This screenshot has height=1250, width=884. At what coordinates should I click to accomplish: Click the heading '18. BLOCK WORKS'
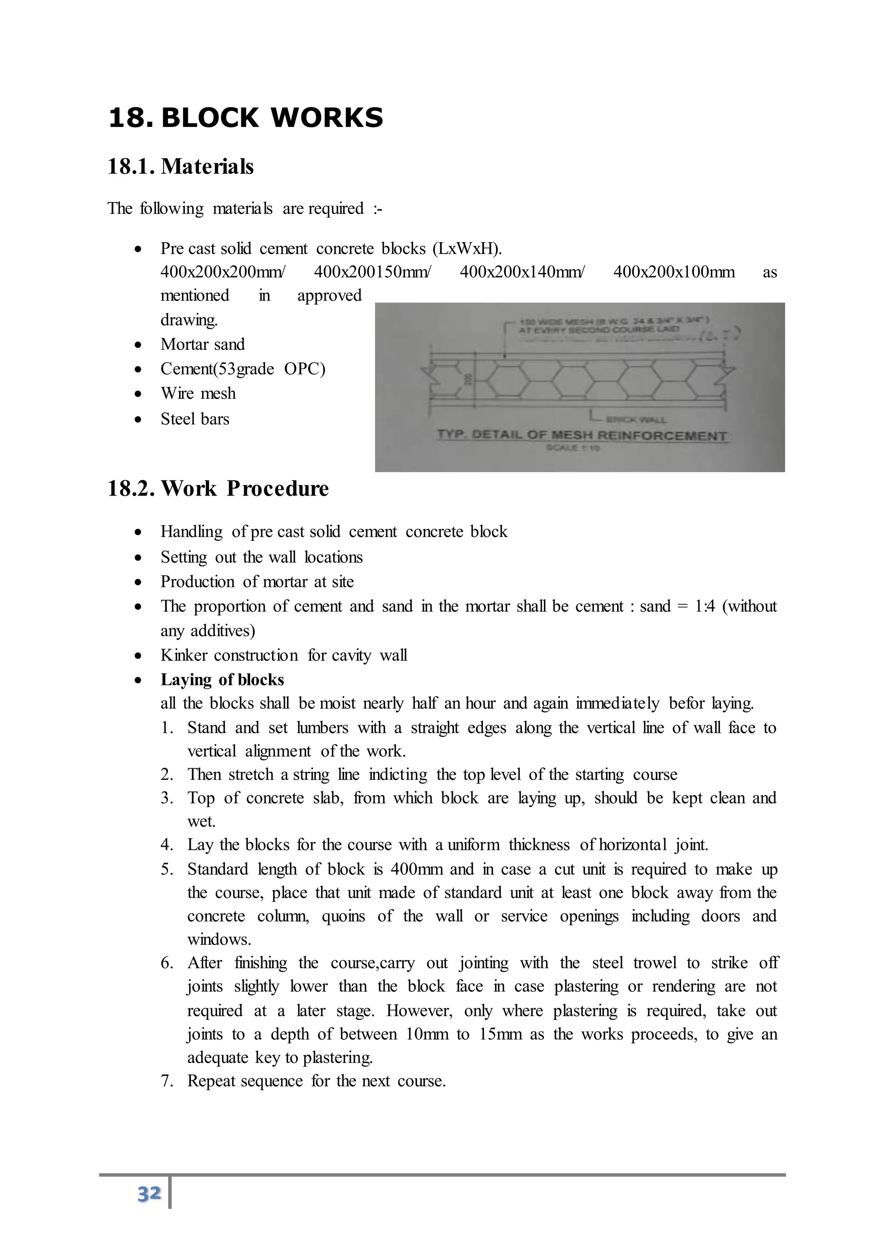246,117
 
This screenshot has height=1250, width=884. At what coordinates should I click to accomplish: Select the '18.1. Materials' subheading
181,167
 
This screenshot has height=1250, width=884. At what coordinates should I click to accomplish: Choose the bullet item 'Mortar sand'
202,344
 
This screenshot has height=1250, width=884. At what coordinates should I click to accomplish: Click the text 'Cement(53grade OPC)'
243,369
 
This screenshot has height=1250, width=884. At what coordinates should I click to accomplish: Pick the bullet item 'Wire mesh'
198,393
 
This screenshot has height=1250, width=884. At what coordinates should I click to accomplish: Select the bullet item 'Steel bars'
195,419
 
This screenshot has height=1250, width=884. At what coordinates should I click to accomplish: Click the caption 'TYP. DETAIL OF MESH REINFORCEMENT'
582,436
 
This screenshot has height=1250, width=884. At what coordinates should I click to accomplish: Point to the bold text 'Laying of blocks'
222,679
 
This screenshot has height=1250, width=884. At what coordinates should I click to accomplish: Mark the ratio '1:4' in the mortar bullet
704,606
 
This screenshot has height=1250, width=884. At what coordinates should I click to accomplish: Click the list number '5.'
167,869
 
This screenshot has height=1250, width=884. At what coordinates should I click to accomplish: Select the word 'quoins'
343,916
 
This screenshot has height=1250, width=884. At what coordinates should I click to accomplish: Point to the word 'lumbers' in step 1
322,727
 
